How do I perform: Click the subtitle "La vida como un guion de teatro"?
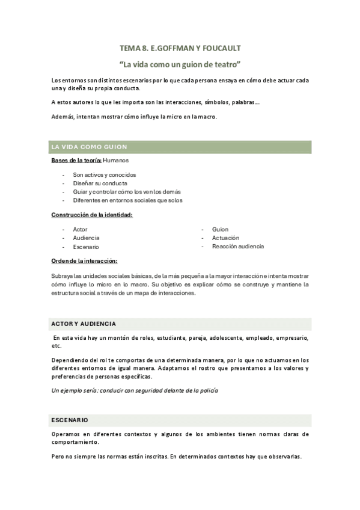[x=180, y=63]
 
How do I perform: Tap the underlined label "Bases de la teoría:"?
[x=76, y=161]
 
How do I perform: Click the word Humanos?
[x=116, y=161]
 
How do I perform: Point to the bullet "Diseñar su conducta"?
[x=100, y=183]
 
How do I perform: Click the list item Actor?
[x=80, y=229]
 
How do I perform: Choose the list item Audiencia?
[x=86, y=238]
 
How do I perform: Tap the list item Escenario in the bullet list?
[x=86, y=247]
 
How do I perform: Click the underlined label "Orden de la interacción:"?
[x=84, y=260]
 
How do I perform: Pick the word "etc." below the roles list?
[x=57, y=346]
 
